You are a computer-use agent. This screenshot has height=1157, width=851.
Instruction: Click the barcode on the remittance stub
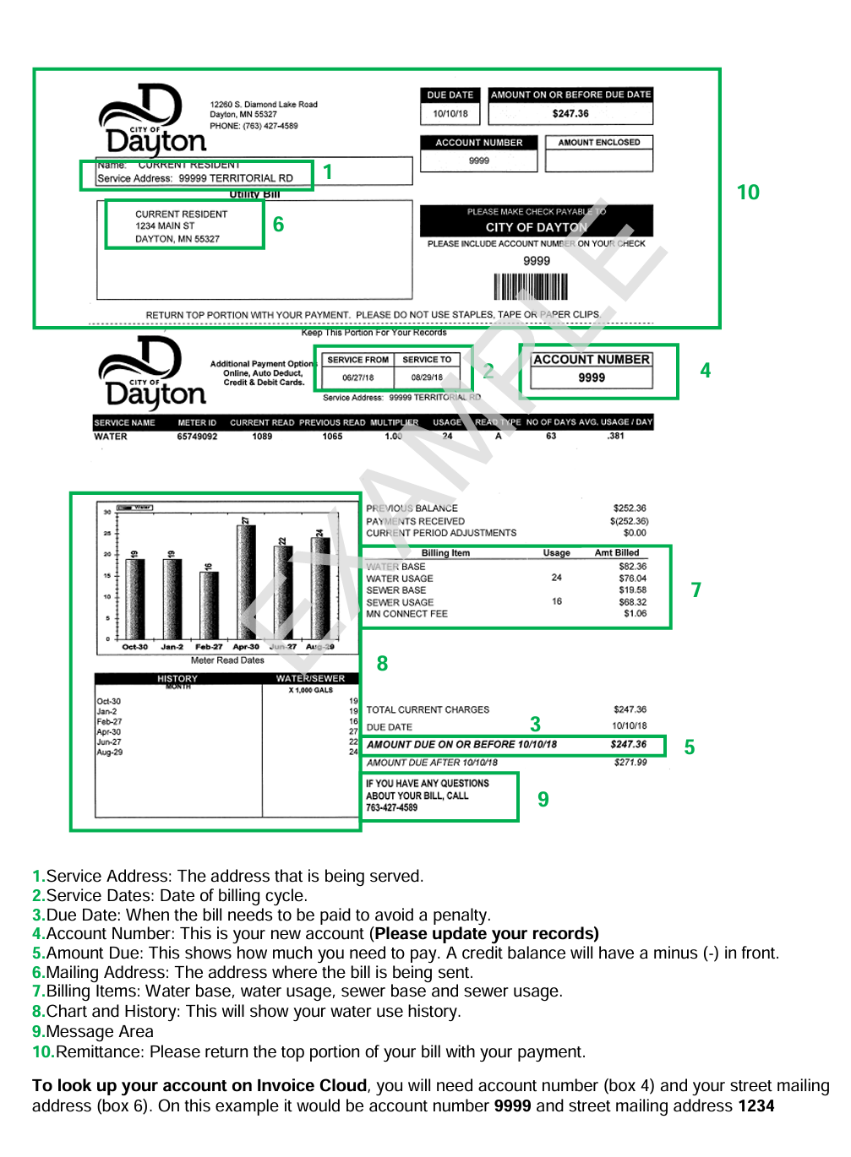(531, 286)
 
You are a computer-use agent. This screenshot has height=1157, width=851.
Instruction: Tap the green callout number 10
(748, 193)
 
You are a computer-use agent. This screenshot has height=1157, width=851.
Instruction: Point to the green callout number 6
(278, 225)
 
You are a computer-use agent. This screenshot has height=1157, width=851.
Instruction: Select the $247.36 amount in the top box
(570, 114)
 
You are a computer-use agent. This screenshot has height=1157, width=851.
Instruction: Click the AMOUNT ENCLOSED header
(599, 143)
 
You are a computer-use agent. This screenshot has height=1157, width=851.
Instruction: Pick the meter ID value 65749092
(197, 437)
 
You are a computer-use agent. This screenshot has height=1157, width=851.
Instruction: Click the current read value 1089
(262, 437)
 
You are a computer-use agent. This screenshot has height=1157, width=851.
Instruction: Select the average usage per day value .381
(616, 437)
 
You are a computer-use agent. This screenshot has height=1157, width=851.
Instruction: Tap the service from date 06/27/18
(357, 378)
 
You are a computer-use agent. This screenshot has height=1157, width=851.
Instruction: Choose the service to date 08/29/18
(427, 378)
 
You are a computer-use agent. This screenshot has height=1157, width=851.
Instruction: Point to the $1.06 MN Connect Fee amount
(635, 614)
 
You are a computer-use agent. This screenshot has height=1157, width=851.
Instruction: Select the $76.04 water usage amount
(632, 578)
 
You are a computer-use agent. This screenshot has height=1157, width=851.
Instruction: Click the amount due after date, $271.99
(630, 763)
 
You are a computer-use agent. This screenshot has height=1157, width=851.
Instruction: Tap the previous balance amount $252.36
(630, 508)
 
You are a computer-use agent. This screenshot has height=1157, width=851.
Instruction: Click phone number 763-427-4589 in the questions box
(391, 808)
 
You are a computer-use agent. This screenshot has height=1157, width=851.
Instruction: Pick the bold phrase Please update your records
(486, 934)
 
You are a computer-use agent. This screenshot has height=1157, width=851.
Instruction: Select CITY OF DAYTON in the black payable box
(536, 227)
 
